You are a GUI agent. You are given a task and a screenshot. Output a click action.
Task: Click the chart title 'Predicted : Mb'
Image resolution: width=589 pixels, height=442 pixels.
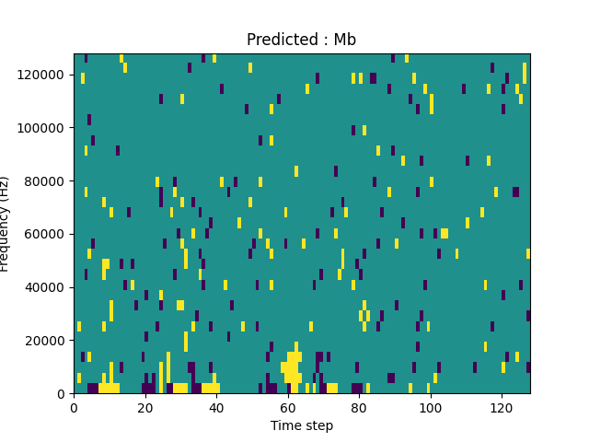(301, 40)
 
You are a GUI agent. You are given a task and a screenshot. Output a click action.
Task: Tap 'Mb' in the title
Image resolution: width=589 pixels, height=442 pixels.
(345, 40)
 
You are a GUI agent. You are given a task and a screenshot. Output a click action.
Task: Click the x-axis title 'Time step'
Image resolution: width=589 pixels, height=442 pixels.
(301, 425)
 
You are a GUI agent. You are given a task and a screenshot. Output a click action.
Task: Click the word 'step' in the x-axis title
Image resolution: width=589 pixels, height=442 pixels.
(318, 426)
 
